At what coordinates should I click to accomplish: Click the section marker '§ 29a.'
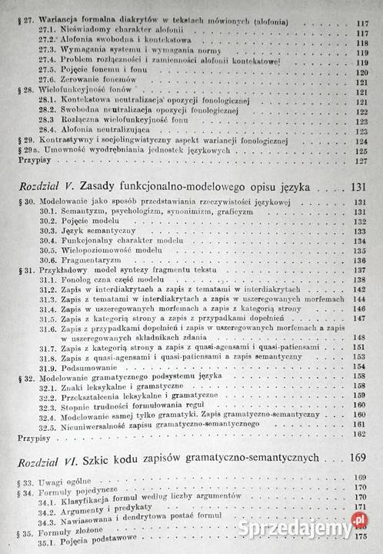point(17,151)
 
